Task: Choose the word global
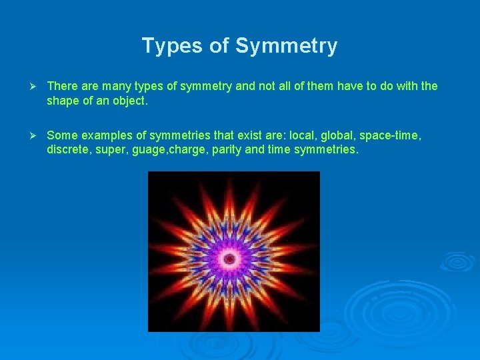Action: point(339,136)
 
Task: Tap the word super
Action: point(109,149)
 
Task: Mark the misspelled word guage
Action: point(147,149)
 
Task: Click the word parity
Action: point(225,149)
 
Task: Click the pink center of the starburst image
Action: point(231,258)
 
